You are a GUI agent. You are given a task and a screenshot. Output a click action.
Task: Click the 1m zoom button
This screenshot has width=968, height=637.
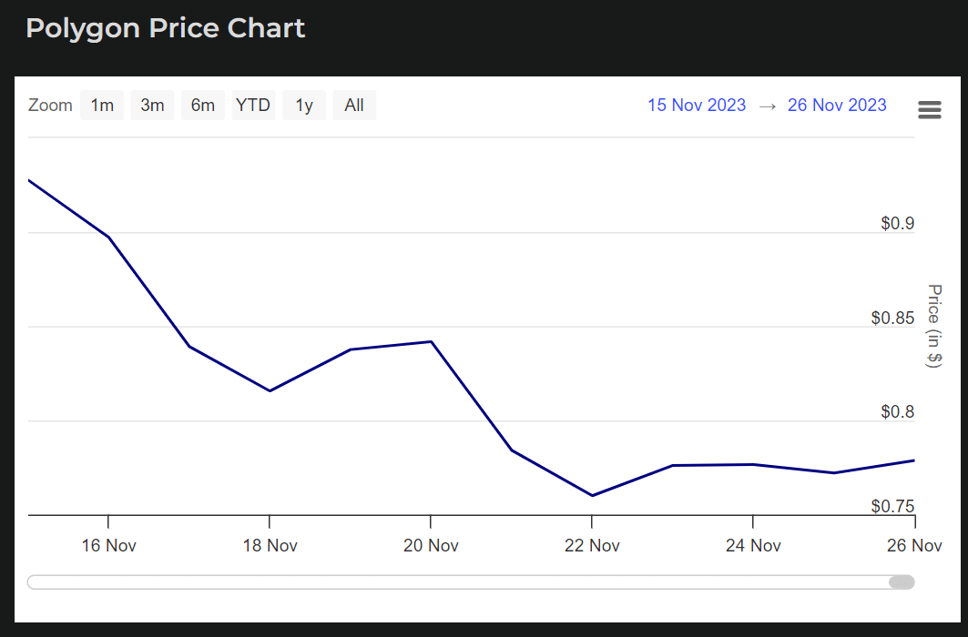pyautogui.click(x=102, y=106)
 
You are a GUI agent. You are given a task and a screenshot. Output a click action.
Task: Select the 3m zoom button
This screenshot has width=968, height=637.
pyautogui.click(x=152, y=106)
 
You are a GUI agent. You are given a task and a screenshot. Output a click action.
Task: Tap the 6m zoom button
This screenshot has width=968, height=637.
pyautogui.click(x=202, y=106)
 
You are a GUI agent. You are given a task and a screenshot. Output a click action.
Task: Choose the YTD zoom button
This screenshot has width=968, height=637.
pyautogui.click(x=253, y=106)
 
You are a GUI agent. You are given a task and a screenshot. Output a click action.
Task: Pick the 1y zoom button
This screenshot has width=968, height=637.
pyautogui.click(x=304, y=106)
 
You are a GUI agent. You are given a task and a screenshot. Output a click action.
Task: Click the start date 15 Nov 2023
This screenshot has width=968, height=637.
pyautogui.click(x=697, y=105)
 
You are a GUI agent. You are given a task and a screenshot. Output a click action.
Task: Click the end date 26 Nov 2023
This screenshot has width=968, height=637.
pyautogui.click(x=837, y=105)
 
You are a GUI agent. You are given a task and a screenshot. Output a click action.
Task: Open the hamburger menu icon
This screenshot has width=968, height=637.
pyautogui.click(x=930, y=110)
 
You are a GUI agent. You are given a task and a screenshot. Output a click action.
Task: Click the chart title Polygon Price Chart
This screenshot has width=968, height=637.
pyautogui.click(x=166, y=28)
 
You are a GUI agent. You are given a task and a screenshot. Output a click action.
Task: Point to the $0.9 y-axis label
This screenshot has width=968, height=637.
pyautogui.click(x=897, y=223)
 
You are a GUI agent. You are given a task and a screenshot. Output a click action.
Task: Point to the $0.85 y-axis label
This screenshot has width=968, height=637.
pyautogui.click(x=892, y=318)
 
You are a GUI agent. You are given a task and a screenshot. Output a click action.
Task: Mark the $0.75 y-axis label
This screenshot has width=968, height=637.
pyautogui.click(x=892, y=506)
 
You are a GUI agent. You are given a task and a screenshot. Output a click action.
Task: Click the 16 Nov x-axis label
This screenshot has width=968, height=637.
pyautogui.click(x=108, y=546)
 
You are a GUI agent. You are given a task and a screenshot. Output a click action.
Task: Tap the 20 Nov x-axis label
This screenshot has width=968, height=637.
pyautogui.click(x=430, y=546)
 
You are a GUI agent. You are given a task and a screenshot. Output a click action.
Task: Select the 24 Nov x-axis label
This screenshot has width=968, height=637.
pyautogui.click(x=752, y=546)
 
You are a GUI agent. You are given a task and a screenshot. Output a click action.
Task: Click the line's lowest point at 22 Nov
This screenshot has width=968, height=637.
pyautogui.click(x=592, y=496)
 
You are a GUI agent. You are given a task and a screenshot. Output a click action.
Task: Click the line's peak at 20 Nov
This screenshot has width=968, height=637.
pyautogui.click(x=431, y=341)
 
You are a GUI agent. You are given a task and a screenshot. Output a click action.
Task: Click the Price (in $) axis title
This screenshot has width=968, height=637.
pyautogui.click(x=933, y=326)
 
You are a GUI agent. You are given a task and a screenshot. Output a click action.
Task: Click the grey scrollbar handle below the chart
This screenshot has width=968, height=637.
pyautogui.click(x=902, y=582)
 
